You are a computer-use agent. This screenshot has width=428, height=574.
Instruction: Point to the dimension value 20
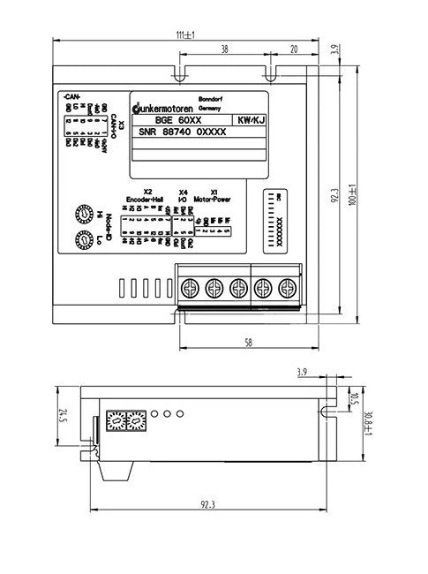coord(293,51)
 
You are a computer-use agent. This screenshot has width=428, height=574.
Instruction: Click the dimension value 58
coord(250,341)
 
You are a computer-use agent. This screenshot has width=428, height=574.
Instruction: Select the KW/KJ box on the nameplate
coord(249,119)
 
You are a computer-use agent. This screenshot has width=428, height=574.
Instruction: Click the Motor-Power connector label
coord(211,199)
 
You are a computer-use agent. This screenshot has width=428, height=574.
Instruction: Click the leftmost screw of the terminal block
coord(189,287)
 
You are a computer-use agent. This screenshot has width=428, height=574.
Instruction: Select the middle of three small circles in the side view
coord(166,413)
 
